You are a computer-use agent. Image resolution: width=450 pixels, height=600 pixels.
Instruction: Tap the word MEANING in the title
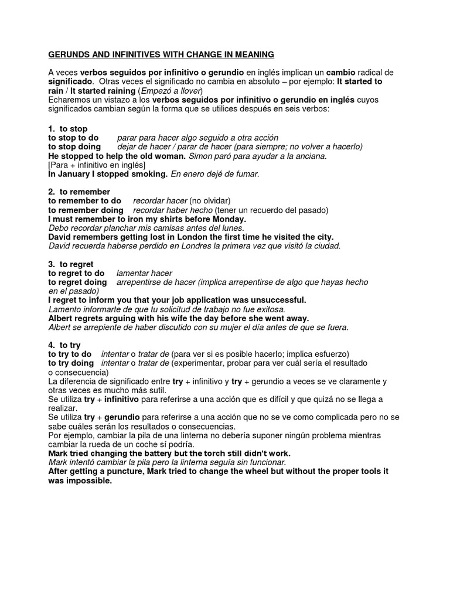click(x=253, y=55)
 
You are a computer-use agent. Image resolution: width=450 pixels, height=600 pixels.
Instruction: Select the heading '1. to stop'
click(x=68, y=129)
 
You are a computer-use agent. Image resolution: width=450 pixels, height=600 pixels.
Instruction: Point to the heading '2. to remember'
click(x=79, y=192)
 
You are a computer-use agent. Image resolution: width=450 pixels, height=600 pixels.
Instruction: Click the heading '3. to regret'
click(x=71, y=265)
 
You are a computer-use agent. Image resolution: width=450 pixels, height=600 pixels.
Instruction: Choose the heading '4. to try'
click(x=64, y=346)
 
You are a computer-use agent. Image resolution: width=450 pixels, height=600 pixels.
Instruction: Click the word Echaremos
click(x=70, y=101)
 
